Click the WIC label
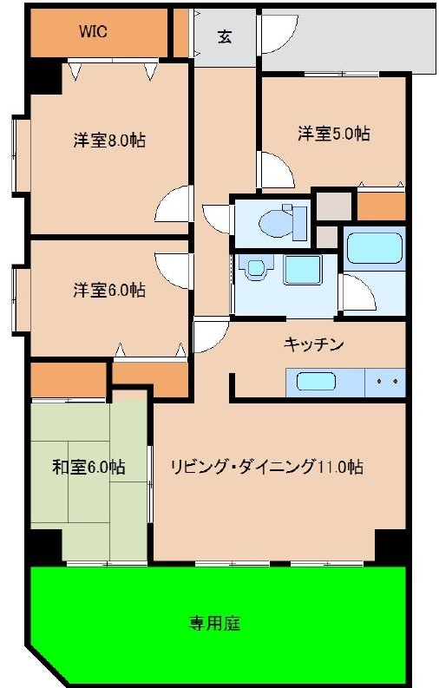pyautogui.click(x=93, y=32)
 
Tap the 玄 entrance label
pyautogui.click(x=225, y=36)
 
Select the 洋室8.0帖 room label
pyautogui.click(x=109, y=141)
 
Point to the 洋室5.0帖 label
pyautogui.click(x=334, y=134)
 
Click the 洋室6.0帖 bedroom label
pyautogui.click(x=109, y=290)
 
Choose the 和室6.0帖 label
pyautogui.click(x=88, y=467)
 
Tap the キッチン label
pyautogui.click(x=313, y=344)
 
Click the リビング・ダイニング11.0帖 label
pyautogui.click(x=266, y=467)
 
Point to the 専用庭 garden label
pyautogui.click(x=214, y=623)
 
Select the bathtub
pyautogui.click(x=375, y=248)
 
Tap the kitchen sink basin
pyautogui.click(x=316, y=381)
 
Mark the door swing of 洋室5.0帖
pyautogui.click(x=277, y=170)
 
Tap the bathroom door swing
pyautogui.click(x=358, y=292)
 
